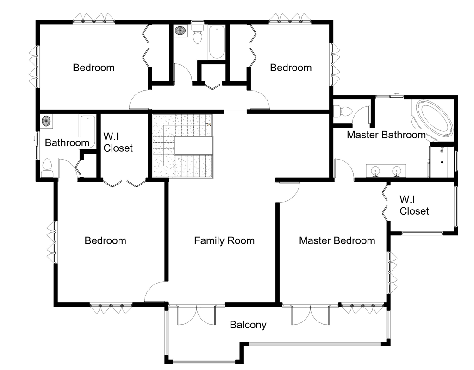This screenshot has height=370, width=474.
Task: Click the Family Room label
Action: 224,240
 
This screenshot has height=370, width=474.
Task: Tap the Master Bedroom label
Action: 337,240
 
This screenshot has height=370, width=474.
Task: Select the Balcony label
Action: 248,325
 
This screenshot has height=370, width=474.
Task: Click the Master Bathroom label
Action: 386,135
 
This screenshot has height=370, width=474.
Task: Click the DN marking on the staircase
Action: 208,125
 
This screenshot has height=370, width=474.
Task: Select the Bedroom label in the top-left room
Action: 94,68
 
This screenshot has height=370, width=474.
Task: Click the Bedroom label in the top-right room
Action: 291,68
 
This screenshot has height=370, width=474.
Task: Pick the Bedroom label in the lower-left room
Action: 105,240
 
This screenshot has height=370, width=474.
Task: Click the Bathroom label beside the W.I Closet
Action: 67,142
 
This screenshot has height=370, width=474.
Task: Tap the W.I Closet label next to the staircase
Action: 118,142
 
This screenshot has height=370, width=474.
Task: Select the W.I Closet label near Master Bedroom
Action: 414,205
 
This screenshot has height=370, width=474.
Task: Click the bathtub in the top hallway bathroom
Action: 216,42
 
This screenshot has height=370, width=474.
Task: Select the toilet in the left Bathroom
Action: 47,167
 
